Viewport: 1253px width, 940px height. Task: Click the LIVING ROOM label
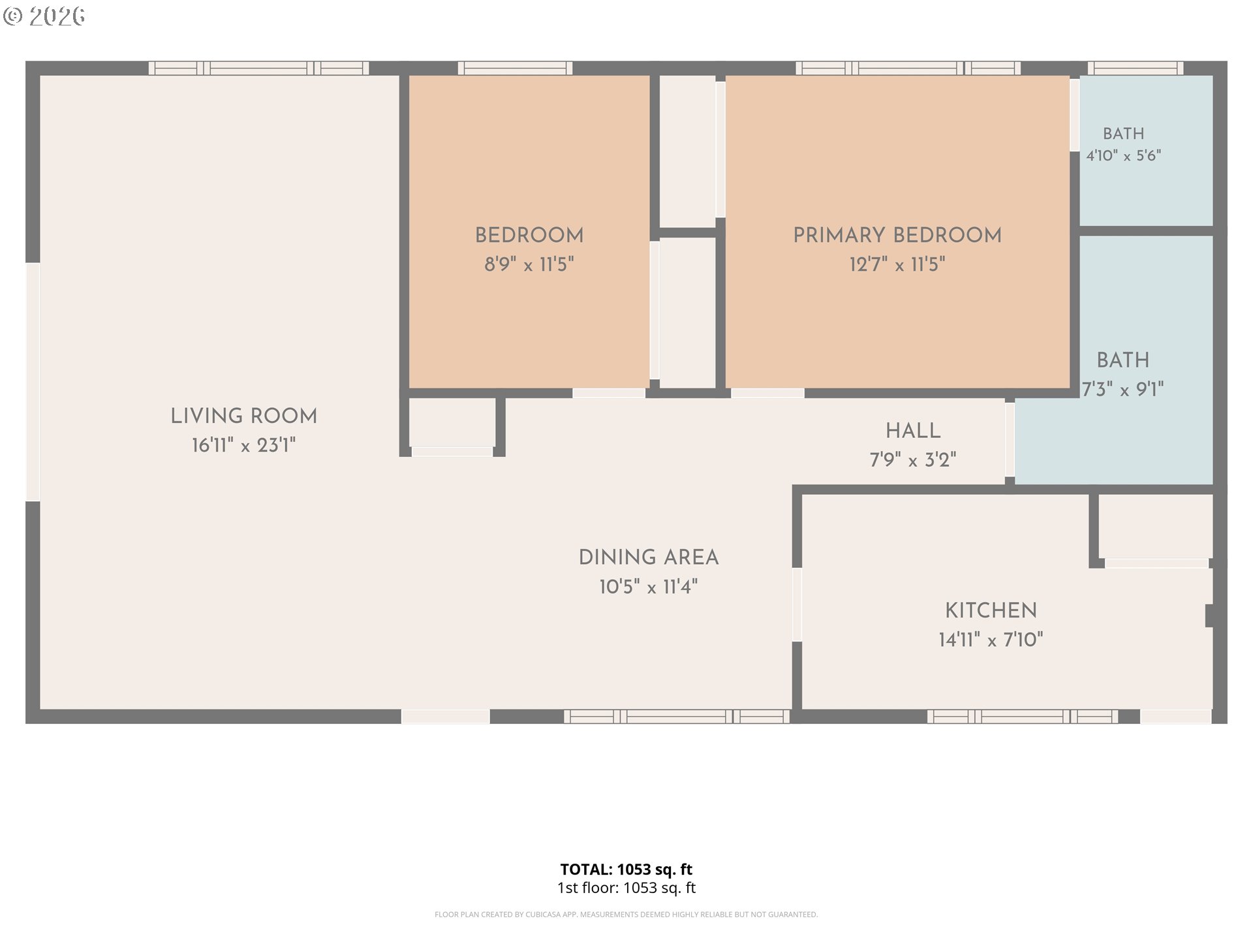[243, 416]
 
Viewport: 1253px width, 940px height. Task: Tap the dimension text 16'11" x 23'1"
[243, 445]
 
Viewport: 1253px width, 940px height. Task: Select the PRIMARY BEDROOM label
[897, 235]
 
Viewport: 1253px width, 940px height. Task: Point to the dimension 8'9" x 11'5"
[529, 264]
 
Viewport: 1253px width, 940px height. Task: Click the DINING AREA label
[649, 557]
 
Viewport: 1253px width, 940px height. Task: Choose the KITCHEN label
[991, 610]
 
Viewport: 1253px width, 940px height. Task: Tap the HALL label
[913, 431]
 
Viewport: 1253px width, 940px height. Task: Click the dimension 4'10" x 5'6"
[1124, 155]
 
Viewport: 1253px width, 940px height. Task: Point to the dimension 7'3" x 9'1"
[1123, 390]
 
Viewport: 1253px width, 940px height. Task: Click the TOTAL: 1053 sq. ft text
[626, 869]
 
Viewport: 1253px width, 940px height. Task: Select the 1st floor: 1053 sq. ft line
[626, 888]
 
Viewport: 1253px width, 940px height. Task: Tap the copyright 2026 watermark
[44, 16]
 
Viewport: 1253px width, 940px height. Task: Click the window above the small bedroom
[515, 68]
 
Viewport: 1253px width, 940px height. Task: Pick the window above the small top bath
[1136, 68]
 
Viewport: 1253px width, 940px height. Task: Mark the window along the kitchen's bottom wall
[1023, 717]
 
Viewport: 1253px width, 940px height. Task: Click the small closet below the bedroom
[452, 422]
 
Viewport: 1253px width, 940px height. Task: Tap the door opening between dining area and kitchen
[797, 604]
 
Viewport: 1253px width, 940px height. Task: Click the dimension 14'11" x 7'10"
[991, 640]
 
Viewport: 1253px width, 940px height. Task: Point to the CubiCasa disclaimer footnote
[626, 915]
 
